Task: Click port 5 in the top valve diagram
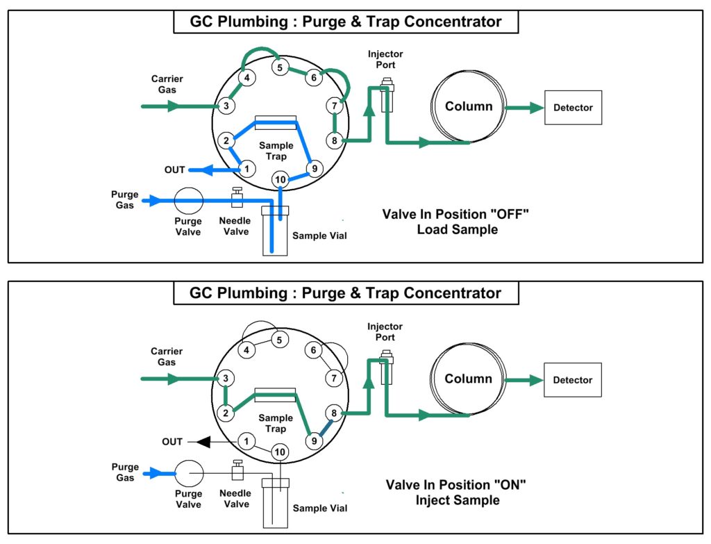[280, 67]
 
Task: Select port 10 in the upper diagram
[279, 179]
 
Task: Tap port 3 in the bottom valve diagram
[226, 379]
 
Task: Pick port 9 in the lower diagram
[314, 440]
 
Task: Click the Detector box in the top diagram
[573, 108]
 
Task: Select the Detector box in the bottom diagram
[573, 380]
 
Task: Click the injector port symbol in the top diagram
[387, 97]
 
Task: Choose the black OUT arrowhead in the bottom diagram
[202, 441]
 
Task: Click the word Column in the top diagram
[469, 106]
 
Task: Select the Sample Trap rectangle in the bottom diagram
[275, 394]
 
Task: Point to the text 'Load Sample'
[457, 229]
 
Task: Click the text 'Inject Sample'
[457, 500]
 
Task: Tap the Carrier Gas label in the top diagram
[167, 84]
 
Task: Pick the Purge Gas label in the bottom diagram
[125, 472]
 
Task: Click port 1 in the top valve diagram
[245, 169]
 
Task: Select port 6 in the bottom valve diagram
[314, 351]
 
